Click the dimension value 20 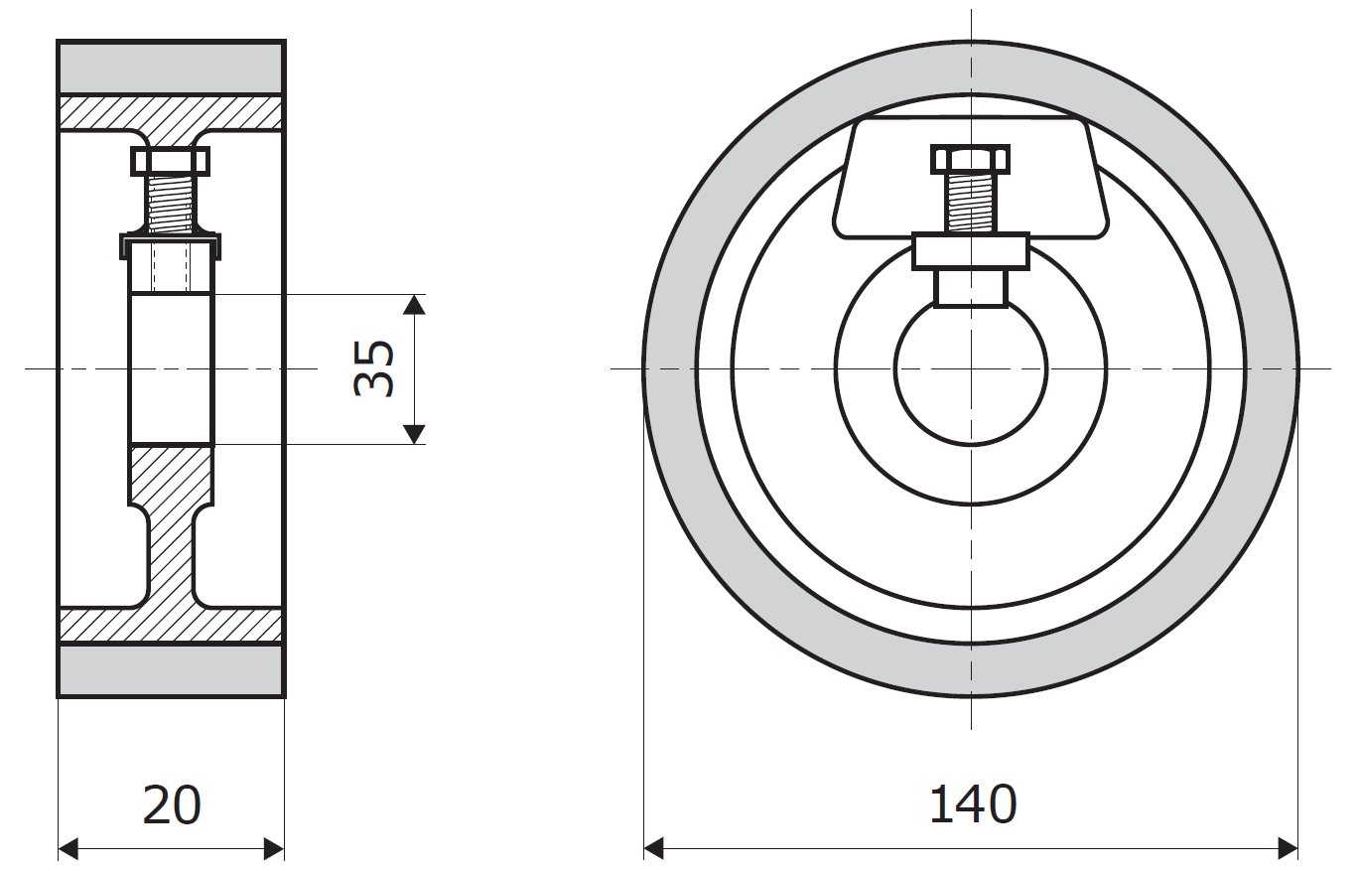click(171, 804)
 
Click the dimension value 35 click(373, 369)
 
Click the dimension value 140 click(973, 804)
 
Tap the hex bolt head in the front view click(970, 160)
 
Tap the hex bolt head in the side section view click(171, 162)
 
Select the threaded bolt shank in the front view click(970, 204)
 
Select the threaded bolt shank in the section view click(171, 205)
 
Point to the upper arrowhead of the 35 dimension click(414, 305)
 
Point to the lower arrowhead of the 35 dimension click(414, 435)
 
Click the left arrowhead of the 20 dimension click(68, 848)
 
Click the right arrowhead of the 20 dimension click(274, 848)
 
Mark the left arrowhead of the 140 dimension click(654, 848)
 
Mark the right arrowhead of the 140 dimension click(1288, 848)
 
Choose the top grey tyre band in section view click(171, 68)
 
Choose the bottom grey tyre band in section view click(171, 670)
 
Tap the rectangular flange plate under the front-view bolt click(971, 250)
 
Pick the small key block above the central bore click(971, 288)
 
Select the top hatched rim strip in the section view click(171, 112)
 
